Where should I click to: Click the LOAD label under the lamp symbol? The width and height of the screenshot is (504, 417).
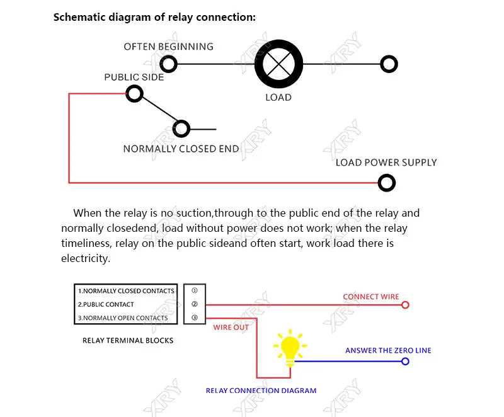(x=278, y=98)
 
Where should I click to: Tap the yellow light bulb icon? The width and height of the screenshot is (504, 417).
(x=290, y=348)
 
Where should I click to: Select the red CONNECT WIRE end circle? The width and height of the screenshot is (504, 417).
(x=405, y=302)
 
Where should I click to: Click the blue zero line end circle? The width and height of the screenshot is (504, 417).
(x=405, y=358)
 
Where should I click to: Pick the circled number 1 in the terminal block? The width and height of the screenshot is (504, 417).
(x=195, y=290)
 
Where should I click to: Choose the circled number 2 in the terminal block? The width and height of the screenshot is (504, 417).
(x=195, y=304)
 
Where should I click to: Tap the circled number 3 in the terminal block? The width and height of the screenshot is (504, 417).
(x=195, y=317)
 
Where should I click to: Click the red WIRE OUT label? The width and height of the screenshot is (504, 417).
(x=231, y=328)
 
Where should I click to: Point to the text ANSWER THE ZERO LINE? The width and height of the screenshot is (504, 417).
(x=388, y=350)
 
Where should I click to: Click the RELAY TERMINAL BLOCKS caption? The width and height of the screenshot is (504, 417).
(x=128, y=341)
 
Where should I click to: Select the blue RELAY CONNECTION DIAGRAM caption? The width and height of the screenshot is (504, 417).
(x=261, y=391)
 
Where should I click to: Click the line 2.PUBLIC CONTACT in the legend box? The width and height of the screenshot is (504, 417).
(x=106, y=304)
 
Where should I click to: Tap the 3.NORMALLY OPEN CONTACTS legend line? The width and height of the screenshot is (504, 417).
(x=123, y=318)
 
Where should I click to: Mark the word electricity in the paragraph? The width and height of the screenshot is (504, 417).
(x=86, y=258)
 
